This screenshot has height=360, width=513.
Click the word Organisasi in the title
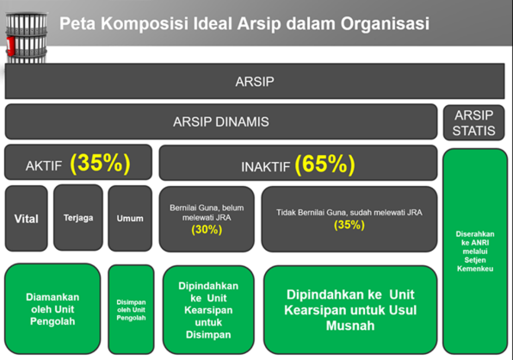point(385,24)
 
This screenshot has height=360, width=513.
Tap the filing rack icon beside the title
point(26,38)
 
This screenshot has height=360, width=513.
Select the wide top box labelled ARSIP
point(255,81)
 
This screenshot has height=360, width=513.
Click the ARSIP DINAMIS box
point(221,121)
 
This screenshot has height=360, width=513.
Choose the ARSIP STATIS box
point(473,122)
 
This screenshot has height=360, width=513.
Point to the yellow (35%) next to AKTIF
point(100,163)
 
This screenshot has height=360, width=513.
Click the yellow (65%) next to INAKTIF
point(324,164)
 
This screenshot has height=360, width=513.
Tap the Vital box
point(26,218)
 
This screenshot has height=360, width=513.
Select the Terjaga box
point(78,218)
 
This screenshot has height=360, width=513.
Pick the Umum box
point(130,218)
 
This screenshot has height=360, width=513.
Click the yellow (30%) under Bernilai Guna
point(207,230)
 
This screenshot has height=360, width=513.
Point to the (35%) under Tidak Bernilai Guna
point(349,225)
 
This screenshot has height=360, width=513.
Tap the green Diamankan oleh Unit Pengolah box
point(53,309)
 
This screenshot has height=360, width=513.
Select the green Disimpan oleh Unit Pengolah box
point(131,309)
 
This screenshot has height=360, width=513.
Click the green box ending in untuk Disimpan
point(208,310)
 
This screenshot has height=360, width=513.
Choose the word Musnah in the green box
point(350,326)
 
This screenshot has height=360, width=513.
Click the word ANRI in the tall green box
point(480,243)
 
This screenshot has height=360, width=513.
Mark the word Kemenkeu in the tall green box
point(475,269)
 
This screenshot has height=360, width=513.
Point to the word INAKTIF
point(266,167)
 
